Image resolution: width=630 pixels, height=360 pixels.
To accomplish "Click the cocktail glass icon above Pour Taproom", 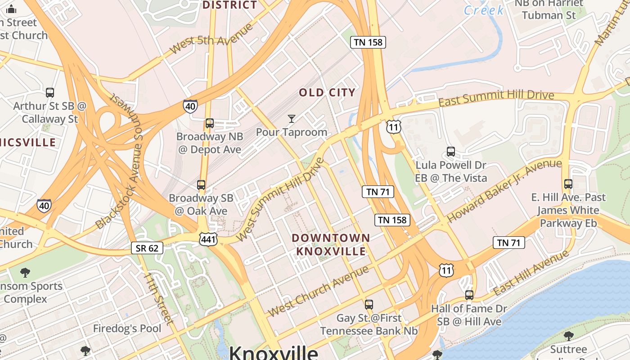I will tap(292, 119).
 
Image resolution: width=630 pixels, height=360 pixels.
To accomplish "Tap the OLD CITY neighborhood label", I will tap(327, 93).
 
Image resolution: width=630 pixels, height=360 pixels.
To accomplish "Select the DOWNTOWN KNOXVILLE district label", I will tap(331, 244).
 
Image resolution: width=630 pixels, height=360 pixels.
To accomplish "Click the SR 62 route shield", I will tap(147, 247).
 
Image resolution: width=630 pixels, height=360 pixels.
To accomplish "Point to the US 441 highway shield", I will tap(208, 239).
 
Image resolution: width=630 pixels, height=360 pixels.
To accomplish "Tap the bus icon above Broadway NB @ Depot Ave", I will tap(209, 123).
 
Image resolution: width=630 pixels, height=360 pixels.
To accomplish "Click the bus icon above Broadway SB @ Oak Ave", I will tap(201, 185).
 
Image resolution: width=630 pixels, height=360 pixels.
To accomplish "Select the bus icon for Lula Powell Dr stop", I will tap(450, 152).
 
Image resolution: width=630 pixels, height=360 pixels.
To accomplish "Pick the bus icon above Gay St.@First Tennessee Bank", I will tap(369, 305).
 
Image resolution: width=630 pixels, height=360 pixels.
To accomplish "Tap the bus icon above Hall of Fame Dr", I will tap(469, 295).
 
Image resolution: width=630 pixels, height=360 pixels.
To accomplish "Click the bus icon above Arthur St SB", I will tap(50, 93).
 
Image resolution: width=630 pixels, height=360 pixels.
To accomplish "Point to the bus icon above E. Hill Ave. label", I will tap(568, 184).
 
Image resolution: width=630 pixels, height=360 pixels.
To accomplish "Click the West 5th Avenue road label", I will tap(211, 39).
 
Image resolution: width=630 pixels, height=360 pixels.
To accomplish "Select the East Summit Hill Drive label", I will tap(496, 98).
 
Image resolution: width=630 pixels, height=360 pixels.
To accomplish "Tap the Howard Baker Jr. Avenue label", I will tap(504, 191).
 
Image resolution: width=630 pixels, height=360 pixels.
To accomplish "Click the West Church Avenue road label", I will tap(318, 291).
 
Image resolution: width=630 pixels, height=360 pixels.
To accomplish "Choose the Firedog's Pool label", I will tap(127, 328).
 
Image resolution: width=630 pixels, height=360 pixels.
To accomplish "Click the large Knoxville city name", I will tap(273, 352).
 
